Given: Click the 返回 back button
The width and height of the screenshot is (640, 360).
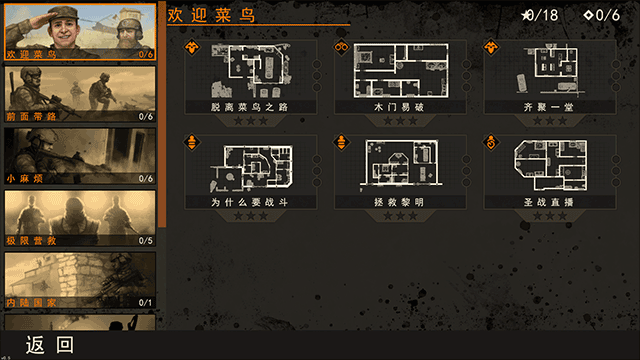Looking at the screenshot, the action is click(x=50, y=345).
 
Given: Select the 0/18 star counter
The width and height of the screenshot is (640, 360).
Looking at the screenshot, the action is click(x=540, y=14).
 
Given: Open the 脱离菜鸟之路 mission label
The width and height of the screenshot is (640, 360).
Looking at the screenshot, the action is click(x=250, y=105).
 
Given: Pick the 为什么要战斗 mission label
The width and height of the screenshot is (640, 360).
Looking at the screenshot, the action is click(x=250, y=201).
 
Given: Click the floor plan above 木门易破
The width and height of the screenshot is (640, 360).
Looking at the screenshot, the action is click(x=398, y=68).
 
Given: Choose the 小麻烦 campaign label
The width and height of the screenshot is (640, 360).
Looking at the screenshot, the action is click(x=25, y=179).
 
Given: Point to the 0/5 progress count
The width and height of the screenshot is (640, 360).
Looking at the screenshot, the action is click(x=145, y=241).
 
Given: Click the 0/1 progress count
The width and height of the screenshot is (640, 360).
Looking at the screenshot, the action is click(x=145, y=302).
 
